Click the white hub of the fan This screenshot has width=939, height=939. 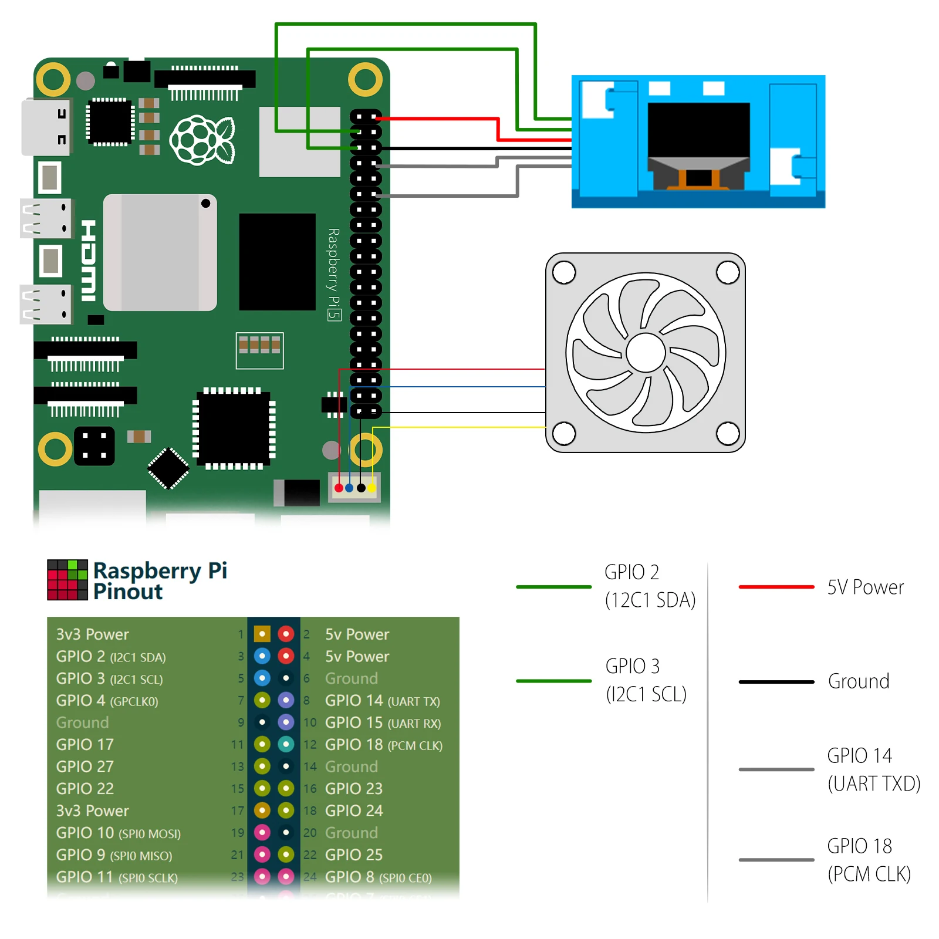coord(646,353)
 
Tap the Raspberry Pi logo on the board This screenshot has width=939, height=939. coord(202,140)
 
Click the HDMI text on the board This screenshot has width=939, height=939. coord(89,261)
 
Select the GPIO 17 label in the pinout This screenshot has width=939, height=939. coord(85,745)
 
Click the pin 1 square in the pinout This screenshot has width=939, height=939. coord(262,634)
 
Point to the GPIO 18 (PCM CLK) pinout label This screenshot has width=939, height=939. coord(383,745)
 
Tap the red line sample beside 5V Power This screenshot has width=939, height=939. coord(776,587)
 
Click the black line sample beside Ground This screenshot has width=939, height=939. coord(776,682)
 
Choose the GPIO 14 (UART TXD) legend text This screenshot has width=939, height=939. coord(873,769)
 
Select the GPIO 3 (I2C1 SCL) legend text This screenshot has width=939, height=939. coord(646,680)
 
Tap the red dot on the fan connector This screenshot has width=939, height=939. coord(339,488)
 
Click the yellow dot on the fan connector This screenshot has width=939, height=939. coord(372,488)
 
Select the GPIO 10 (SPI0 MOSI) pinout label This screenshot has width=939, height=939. coord(118,833)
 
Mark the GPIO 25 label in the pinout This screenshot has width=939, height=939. coord(353,855)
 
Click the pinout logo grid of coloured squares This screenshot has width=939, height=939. coord(67,580)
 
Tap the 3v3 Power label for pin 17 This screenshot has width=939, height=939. coord(92,811)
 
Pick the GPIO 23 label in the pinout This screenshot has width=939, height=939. coord(353,789)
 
